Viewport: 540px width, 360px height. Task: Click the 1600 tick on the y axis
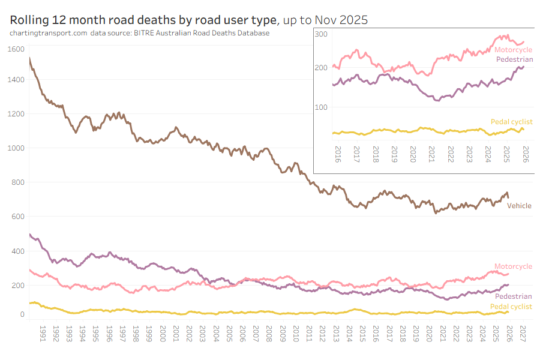point(16,49)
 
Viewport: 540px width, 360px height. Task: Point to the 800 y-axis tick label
point(18,182)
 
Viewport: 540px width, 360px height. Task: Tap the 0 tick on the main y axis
point(22,314)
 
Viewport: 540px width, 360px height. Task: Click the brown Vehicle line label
point(519,206)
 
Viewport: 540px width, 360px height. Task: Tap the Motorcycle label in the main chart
point(513,266)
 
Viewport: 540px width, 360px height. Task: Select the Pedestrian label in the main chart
point(513,296)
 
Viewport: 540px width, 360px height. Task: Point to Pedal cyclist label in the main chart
point(511,307)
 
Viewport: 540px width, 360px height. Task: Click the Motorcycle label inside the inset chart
point(513,50)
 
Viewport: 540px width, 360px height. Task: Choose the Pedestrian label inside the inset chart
point(514,59)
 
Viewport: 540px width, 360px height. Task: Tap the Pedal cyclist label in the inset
point(511,122)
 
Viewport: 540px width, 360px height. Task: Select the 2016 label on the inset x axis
point(337,154)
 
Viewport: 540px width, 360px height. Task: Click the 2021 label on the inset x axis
point(432,154)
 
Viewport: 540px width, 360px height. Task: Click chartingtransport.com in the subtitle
point(48,33)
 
